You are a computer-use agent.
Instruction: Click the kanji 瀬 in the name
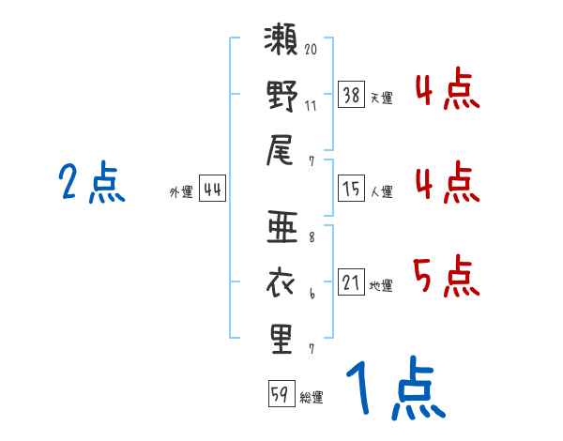[281, 38]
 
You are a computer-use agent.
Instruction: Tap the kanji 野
[282, 96]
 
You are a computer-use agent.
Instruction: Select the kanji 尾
[280, 150]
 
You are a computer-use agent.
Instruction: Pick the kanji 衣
[281, 283]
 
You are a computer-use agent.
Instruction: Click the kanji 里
[281, 340]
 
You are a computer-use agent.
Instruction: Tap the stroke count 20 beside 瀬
[311, 49]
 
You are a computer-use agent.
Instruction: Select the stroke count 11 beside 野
[311, 106]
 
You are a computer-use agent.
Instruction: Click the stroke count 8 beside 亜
[312, 237]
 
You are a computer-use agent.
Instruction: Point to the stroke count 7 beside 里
[312, 349]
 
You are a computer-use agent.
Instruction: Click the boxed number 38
[352, 95]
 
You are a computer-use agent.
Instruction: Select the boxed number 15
[352, 189]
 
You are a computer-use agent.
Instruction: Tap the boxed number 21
[352, 281]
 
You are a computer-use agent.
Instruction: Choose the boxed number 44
[213, 189]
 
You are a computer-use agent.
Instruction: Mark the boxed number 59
[281, 393]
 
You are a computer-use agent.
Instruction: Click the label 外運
[181, 191]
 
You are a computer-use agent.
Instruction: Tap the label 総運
[312, 397]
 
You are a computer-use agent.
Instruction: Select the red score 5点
[447, 276]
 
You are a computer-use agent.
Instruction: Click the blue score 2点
[92, 182]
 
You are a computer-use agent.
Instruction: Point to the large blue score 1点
[396, 388]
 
